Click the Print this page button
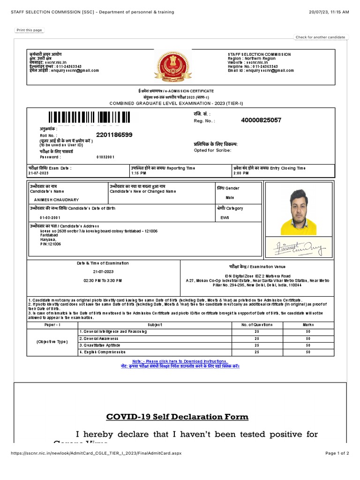coord(29,30)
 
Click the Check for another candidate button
coord(321,37)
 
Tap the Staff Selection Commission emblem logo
coord(173,67)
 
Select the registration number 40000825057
coord(261,120)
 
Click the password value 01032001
coord(105,157)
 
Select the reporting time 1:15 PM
coord(139,173)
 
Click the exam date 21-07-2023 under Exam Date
coord(38,173)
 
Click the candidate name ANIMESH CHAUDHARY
coord(54,200)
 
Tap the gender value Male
coord(230,198)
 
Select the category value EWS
coord(225,218)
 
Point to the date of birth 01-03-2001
coord(50,218)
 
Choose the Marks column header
coord(308,324)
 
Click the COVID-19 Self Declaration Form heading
coord(177,417)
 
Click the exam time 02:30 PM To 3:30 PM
coord(103,280)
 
